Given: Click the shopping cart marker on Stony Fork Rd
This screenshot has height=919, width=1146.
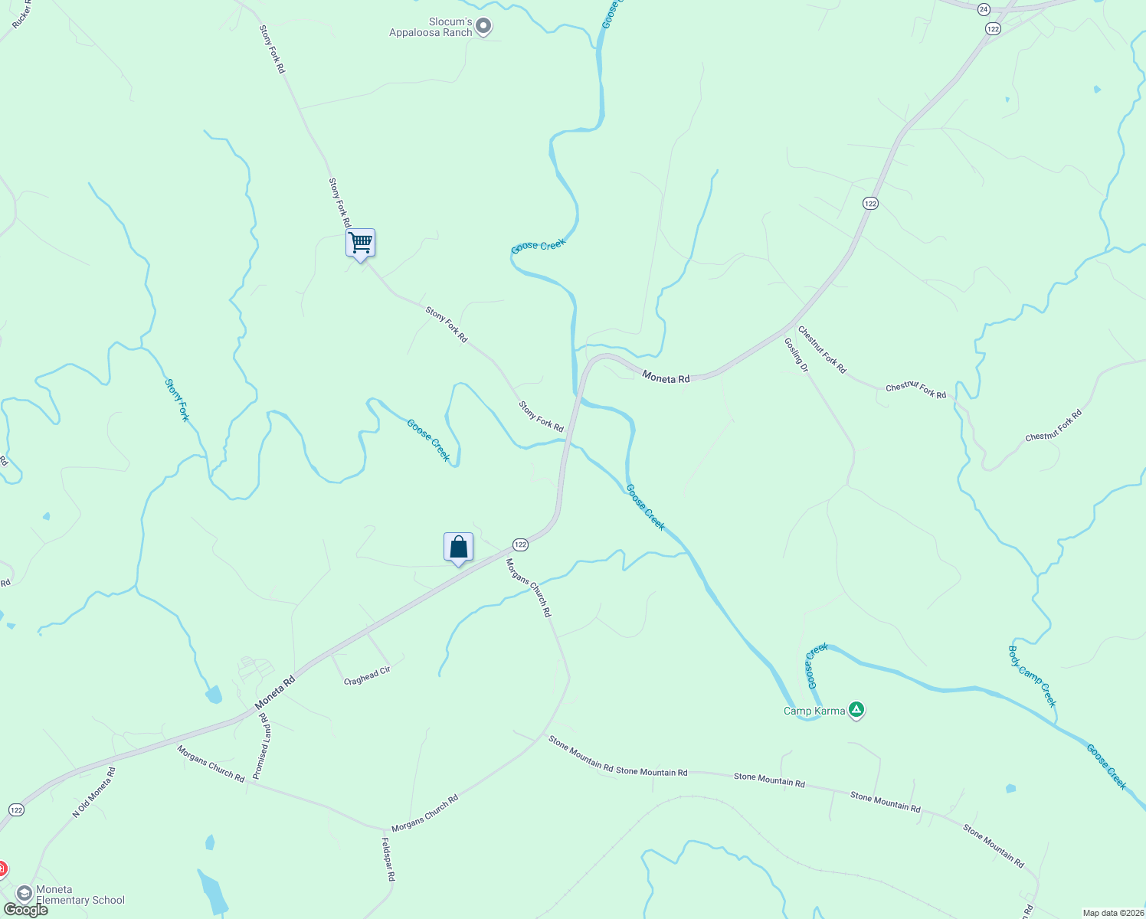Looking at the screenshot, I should point(360,244).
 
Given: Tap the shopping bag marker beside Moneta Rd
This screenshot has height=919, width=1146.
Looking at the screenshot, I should point(458,548).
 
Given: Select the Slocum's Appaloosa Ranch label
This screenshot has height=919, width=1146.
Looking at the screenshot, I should point(431,28).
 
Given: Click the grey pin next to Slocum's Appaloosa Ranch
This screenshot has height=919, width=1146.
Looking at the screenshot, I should point(483,27).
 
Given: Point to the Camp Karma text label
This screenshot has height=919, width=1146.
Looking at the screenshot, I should point(814,711).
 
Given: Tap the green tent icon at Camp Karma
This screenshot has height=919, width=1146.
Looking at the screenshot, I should point(856,711).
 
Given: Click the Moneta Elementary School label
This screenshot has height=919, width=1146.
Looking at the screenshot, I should point(80,894).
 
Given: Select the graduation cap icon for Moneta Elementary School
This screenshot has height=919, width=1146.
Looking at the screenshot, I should point(24,894).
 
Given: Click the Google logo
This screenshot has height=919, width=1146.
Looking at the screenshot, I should point(25,910).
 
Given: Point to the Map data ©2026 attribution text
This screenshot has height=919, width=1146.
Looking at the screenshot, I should point(1112,913).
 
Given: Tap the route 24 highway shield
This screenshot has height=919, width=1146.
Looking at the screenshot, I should point(984,9).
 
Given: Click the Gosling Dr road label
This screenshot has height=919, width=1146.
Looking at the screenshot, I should point(797,355).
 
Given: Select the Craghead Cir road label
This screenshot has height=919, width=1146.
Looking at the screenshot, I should point(368,675).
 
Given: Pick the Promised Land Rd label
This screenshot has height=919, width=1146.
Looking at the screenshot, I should point(262,746).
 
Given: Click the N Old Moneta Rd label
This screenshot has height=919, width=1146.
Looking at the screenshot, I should point(93,792).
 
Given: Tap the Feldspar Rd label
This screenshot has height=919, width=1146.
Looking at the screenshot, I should point(388,858).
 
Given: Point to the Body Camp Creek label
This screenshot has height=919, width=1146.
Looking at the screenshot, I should point(1033,676).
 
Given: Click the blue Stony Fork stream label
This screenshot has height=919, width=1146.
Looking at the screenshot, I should point(177,400).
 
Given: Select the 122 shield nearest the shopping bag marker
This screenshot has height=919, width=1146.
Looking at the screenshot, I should point(520,545).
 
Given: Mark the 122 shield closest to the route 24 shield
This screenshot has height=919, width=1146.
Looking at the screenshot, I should point(994,28).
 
